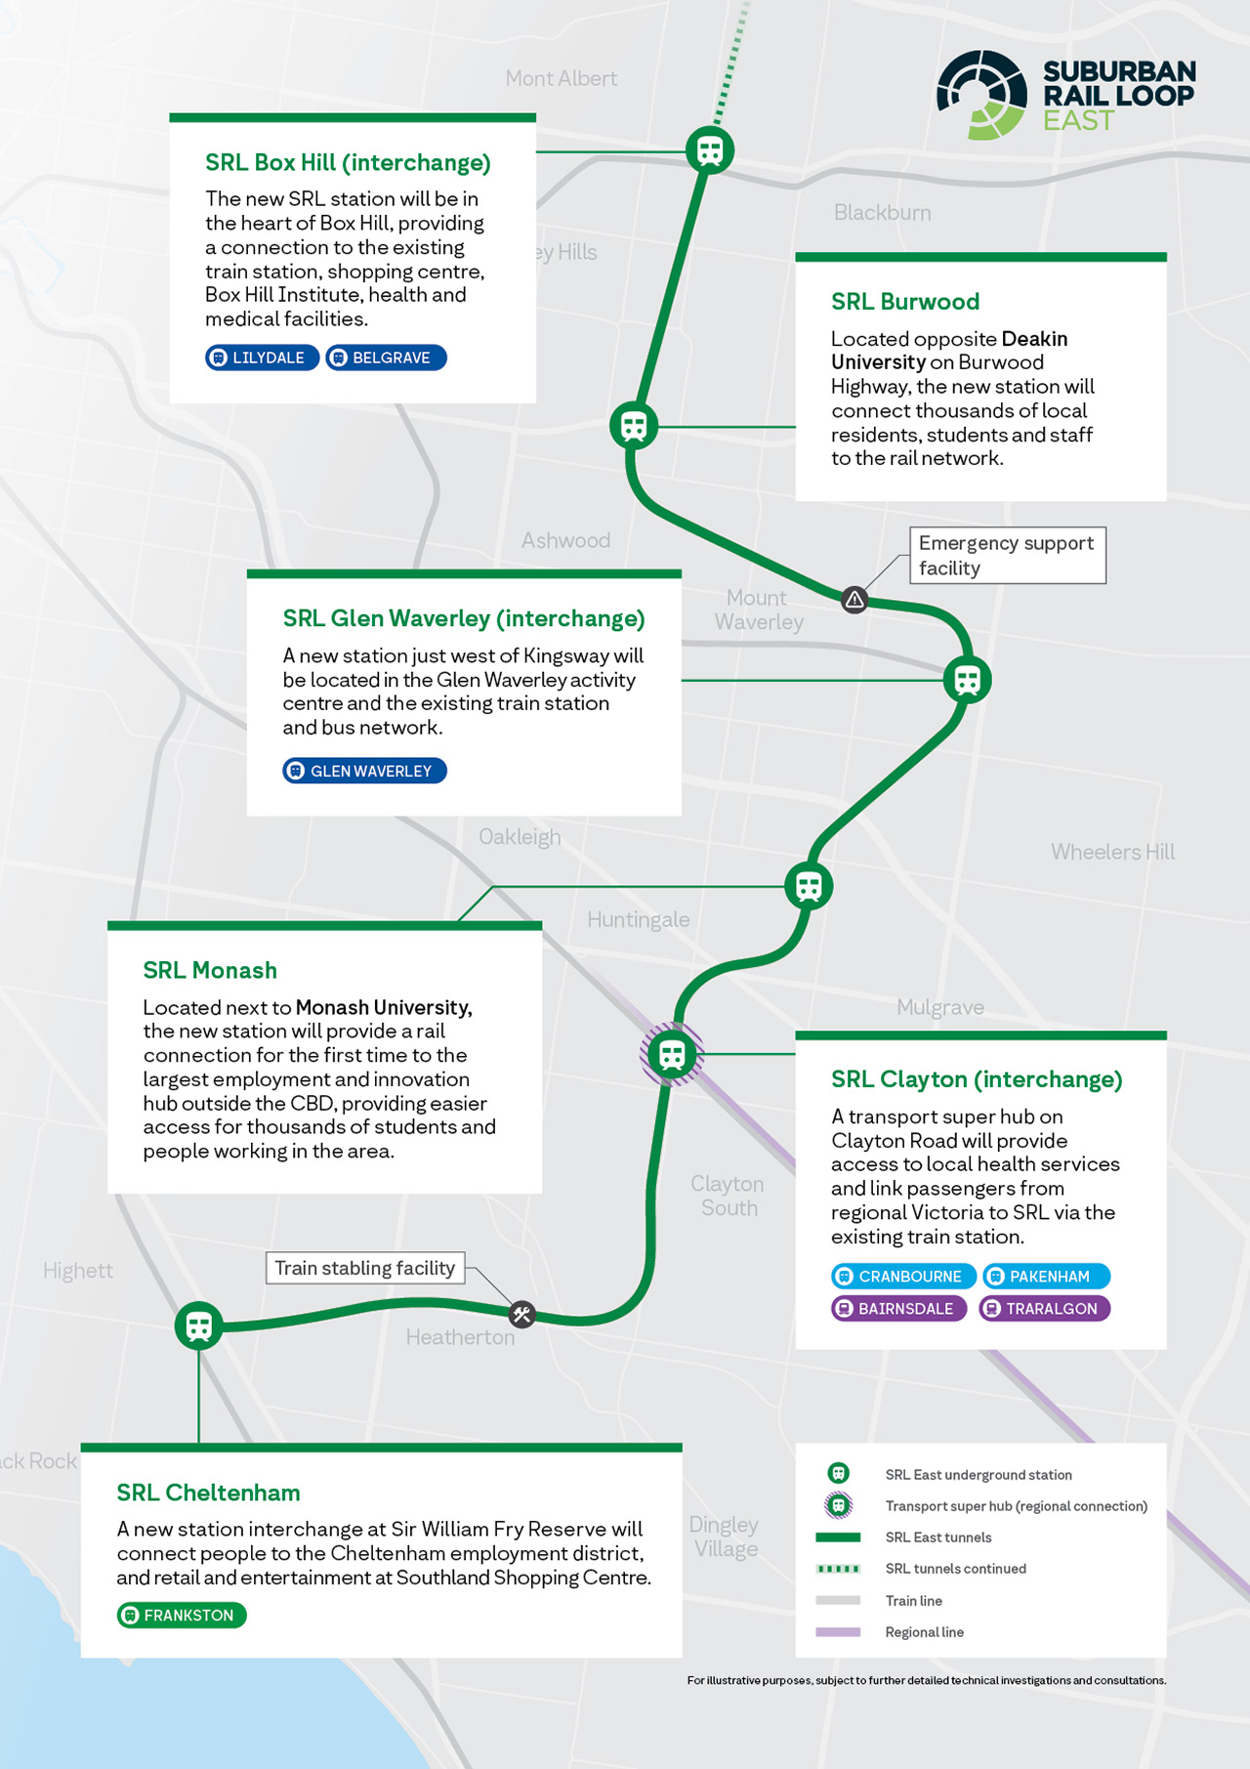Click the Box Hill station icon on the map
(710, 150)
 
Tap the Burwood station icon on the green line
(634, 426)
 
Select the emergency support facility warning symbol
(854, 599)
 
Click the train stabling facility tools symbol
(522, 1315)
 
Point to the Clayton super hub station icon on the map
(672, 1054)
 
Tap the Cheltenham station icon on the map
(199, 1326)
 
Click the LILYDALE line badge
(262, 358)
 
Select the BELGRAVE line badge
(386, 358)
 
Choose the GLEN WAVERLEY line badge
(364, 771)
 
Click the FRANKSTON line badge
(182, 1616)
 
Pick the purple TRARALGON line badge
(1044, 1308)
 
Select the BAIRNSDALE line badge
(898, 1308)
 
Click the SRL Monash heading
(210, 970)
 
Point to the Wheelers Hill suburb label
(1112, 852)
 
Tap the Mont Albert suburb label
(561, 78)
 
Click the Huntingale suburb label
(638, 919)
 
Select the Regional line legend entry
(924, 1632)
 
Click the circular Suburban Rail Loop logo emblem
(981, 95)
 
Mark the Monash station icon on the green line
(809, 886)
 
